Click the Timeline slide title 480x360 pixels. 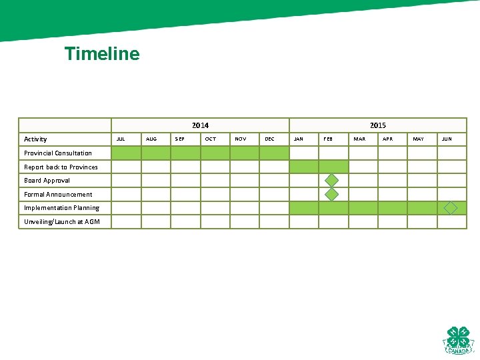click(102, 54)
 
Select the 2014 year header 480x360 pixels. click(200, 125)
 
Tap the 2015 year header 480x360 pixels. click(377, 125)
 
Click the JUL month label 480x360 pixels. click(121, 139)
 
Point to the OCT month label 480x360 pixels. click(211, 139)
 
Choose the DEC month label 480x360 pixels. click(269, 139)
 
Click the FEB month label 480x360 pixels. click(328, 139)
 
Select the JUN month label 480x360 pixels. click(447, 139)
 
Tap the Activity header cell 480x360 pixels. click(35, 139)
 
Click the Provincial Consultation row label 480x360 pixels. click(58, 153)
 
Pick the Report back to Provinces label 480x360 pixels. click(61, 167)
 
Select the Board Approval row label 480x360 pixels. click(47, 181)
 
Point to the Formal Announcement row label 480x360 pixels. click(58, 194)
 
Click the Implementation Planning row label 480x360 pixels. click(61, 208)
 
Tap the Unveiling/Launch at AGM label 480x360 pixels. click(62, 221)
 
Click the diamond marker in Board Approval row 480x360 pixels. click(331, 181)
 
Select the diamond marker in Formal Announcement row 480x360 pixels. click(331, 194)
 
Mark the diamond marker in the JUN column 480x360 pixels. click(451, 208)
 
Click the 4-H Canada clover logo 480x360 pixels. click(458, 340)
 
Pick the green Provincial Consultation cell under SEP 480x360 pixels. click(185, 153)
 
